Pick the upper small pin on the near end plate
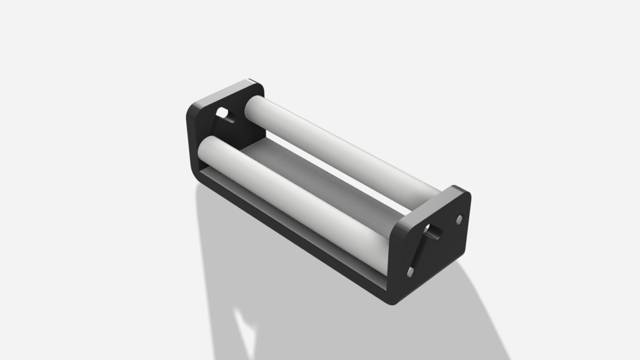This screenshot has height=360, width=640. (x=459, y=219)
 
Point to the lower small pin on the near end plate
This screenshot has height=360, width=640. (x=410, y=272)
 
